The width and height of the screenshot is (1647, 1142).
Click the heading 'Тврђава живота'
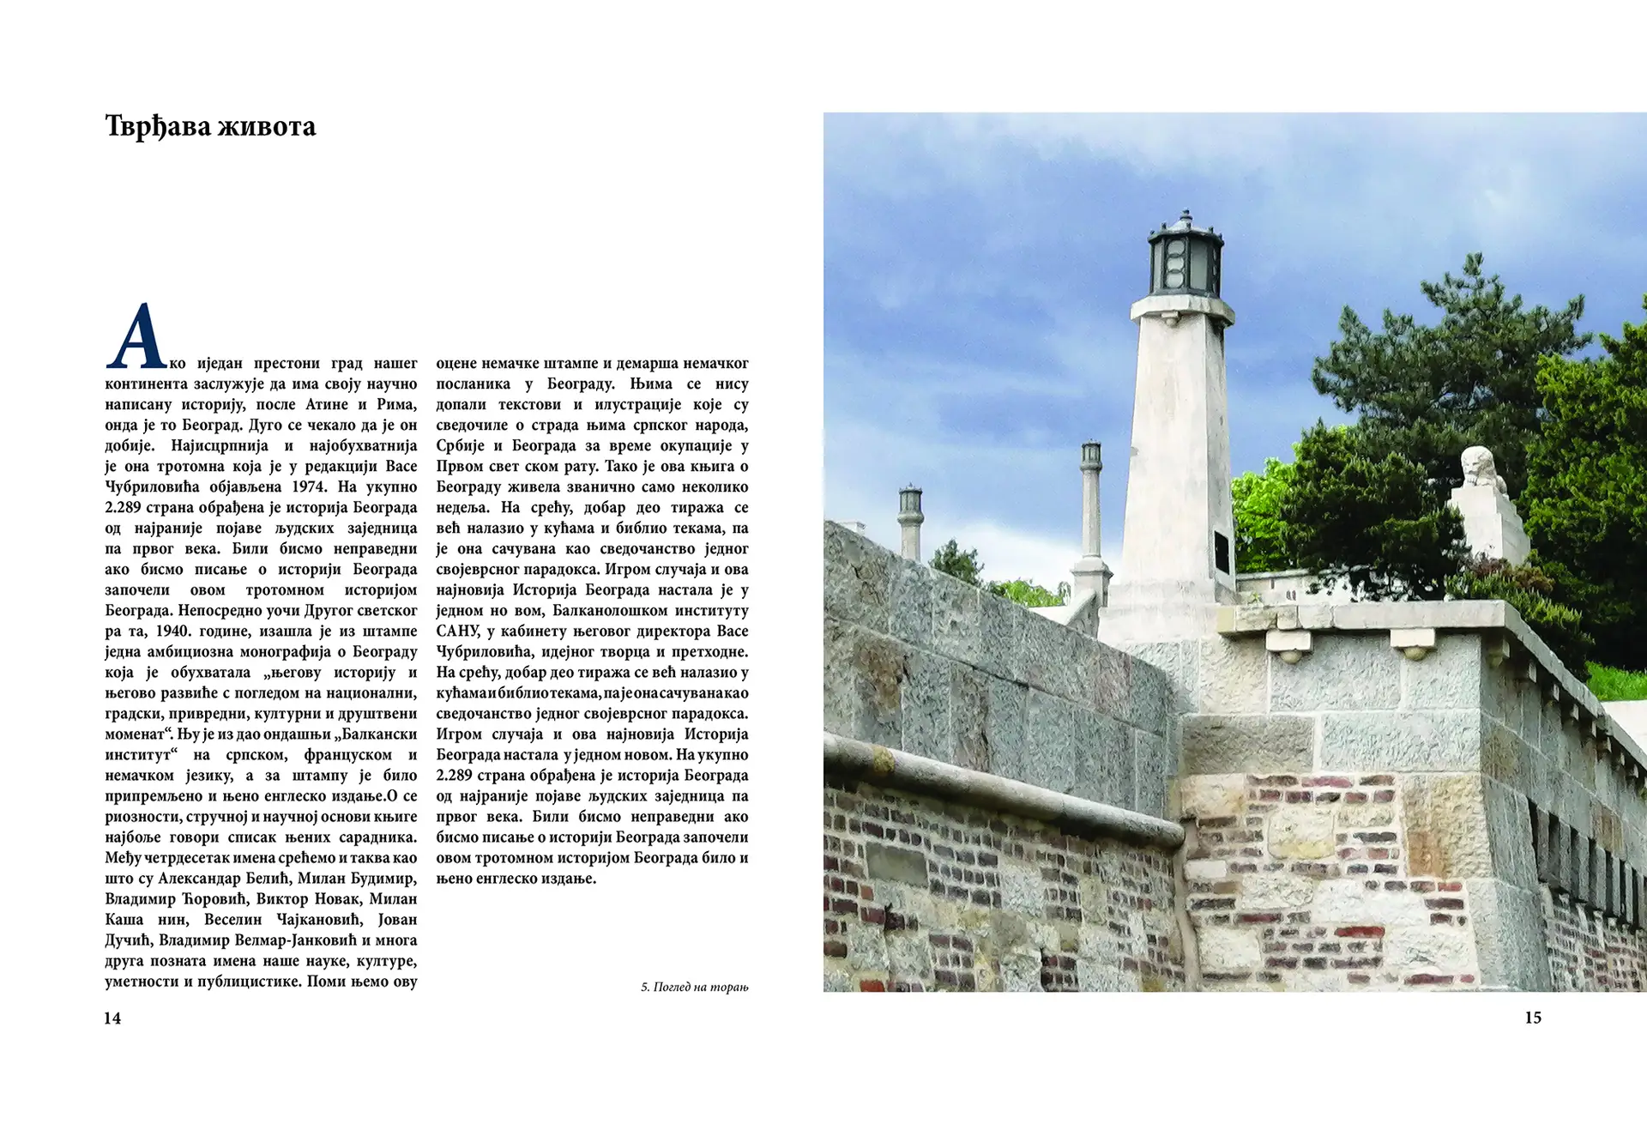coord(210,126)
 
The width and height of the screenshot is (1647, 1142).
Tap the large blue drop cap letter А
coord(136,336)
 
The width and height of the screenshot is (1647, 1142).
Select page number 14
coord(112,1018)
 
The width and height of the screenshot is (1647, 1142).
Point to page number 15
coord(1533,1018)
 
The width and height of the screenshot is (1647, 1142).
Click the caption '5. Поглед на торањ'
coord(694,987)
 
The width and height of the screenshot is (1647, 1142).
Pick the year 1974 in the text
coord(309,486)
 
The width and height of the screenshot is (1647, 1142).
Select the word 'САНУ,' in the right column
coord(457,631)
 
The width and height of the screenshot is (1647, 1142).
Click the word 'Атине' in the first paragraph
coord(327,404)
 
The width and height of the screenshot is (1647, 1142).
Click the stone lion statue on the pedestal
coord(1481,468)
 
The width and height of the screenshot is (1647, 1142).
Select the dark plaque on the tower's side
coord(1222,553)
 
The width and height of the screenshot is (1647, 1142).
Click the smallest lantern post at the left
coord(910,515)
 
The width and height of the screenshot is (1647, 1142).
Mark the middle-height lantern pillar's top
coord(1090,454)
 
